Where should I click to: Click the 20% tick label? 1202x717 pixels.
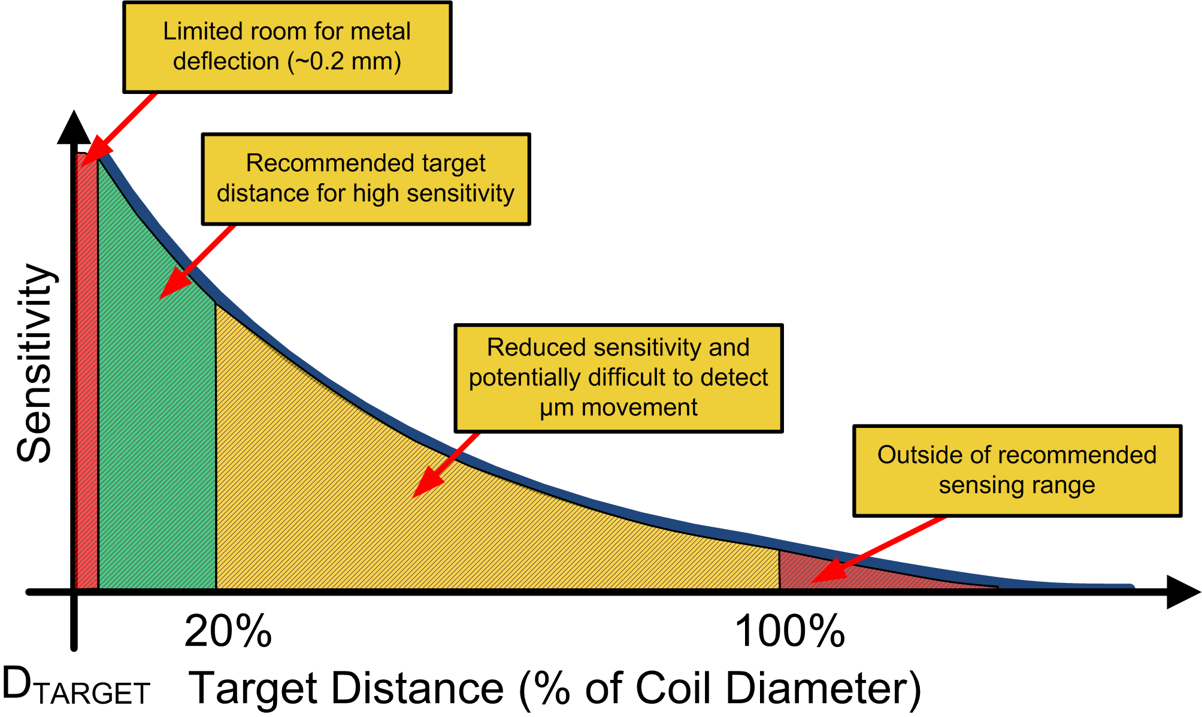coord(228,631)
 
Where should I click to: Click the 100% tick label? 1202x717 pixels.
coord(789,631)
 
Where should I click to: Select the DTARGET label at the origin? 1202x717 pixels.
coord(75,686)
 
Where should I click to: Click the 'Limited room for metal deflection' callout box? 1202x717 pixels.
coord(287,47)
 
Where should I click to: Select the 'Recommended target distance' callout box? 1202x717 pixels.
coord(365,179)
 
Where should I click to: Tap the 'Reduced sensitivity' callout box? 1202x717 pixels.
coord(618,378)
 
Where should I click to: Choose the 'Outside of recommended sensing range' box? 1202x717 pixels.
coord(1016,470)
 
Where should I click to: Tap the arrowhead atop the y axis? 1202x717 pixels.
coord(74,128)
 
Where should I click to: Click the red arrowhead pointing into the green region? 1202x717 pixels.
coord(171,287)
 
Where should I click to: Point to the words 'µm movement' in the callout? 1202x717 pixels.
coord(618,408)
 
